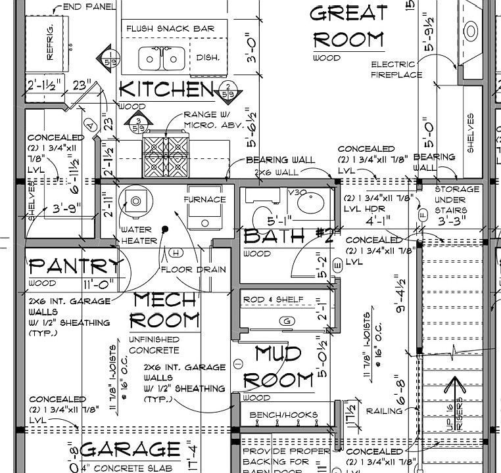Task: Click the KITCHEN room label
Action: tap(166, 89)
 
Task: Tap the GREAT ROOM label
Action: tap(348, 26)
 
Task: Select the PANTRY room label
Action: tap(76, 266)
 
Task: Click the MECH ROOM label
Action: tap(165, 310)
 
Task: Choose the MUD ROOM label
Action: tap(279, 367)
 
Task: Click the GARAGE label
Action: tap(131, 450)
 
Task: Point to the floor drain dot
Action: tap(166, 229)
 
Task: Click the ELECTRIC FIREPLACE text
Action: tap(396, 70)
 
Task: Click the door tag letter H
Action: tap(175, 252)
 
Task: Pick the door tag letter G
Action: tap(285, 321)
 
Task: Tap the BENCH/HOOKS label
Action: tap(279, 415)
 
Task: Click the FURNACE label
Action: tap(204, 199)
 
